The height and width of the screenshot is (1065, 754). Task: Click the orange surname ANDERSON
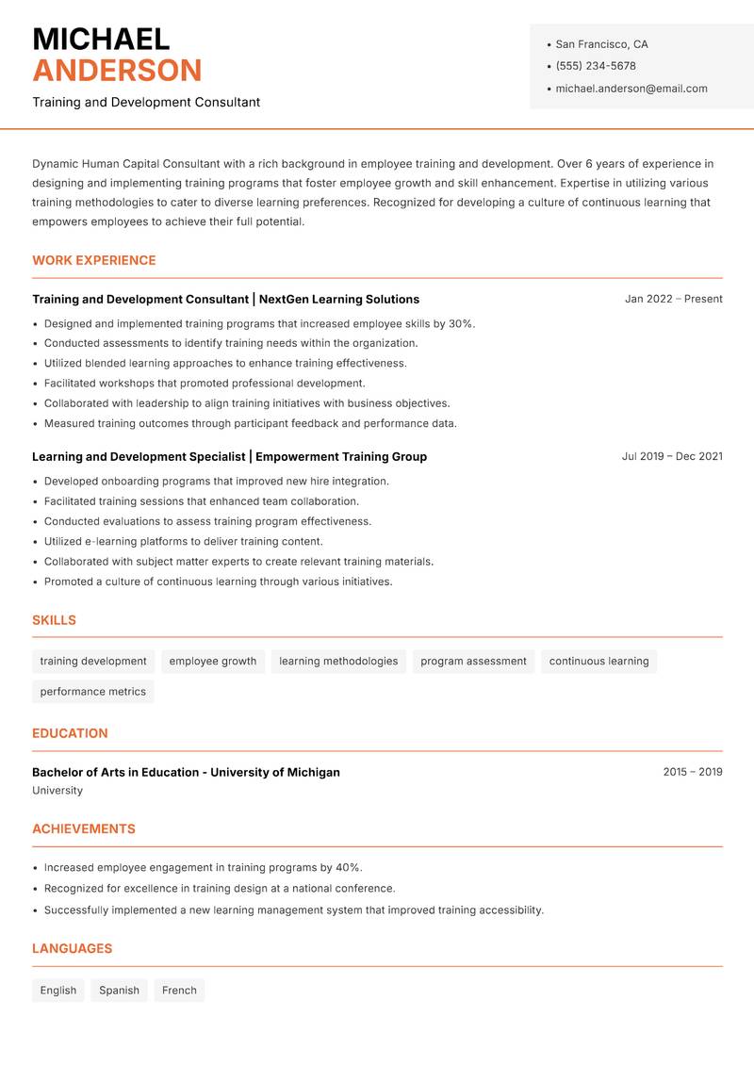pyautogui.click(x=117, y=71)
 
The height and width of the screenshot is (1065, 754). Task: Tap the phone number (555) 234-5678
pyautogui.click(x=596, y=66)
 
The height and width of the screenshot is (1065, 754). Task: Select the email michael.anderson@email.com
pyautogui.click(x=631, y=89)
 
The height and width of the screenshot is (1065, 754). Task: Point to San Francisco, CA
pyautogui.click(x=601, y=44)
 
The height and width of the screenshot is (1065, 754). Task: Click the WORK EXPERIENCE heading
pyautogui.click(x=94, y=260)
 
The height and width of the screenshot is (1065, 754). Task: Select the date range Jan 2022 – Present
pyautogui.click(x=673, y=299)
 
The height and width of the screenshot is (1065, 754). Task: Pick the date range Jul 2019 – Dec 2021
pyautogui.click(x=672, y=456)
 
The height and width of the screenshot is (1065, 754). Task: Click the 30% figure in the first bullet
pyautogui.click(x=460, y=323)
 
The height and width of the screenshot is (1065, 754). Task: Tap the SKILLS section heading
pyautogui.click(x=54, y=620)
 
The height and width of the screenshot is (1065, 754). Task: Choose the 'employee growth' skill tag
pyautogui.click(x=213, y=662)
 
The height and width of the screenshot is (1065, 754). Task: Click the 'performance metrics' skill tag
pyautogui.click(x=93, y=692)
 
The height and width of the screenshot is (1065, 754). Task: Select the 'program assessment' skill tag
pyautogui.click(x=473, y=662)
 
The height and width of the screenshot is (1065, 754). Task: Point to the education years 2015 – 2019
pyautogui.click(x=693, y=772)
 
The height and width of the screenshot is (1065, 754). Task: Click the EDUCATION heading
pyautogui.click(x=70, y=733)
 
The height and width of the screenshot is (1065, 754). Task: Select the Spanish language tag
pyautogui.click(x=119, y=991)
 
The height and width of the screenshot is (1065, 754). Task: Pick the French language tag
pyautogui.click(x=179, y=991)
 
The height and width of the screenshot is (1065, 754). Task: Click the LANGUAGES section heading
pyautogui.click(x=72, y=948)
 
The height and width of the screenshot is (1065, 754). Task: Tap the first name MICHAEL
pyautogui.click(x=101, y=39)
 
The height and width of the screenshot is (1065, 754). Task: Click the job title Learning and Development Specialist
pyautogui.click(x=139, y=457)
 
